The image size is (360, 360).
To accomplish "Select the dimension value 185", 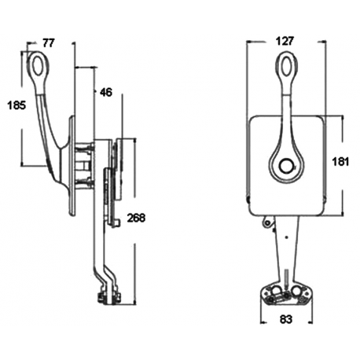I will (15, 104).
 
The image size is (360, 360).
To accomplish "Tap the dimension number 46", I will (106, 92).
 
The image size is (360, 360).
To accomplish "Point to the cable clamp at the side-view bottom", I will (108, 296).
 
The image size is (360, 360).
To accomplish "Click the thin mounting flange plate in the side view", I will (73, 165).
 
